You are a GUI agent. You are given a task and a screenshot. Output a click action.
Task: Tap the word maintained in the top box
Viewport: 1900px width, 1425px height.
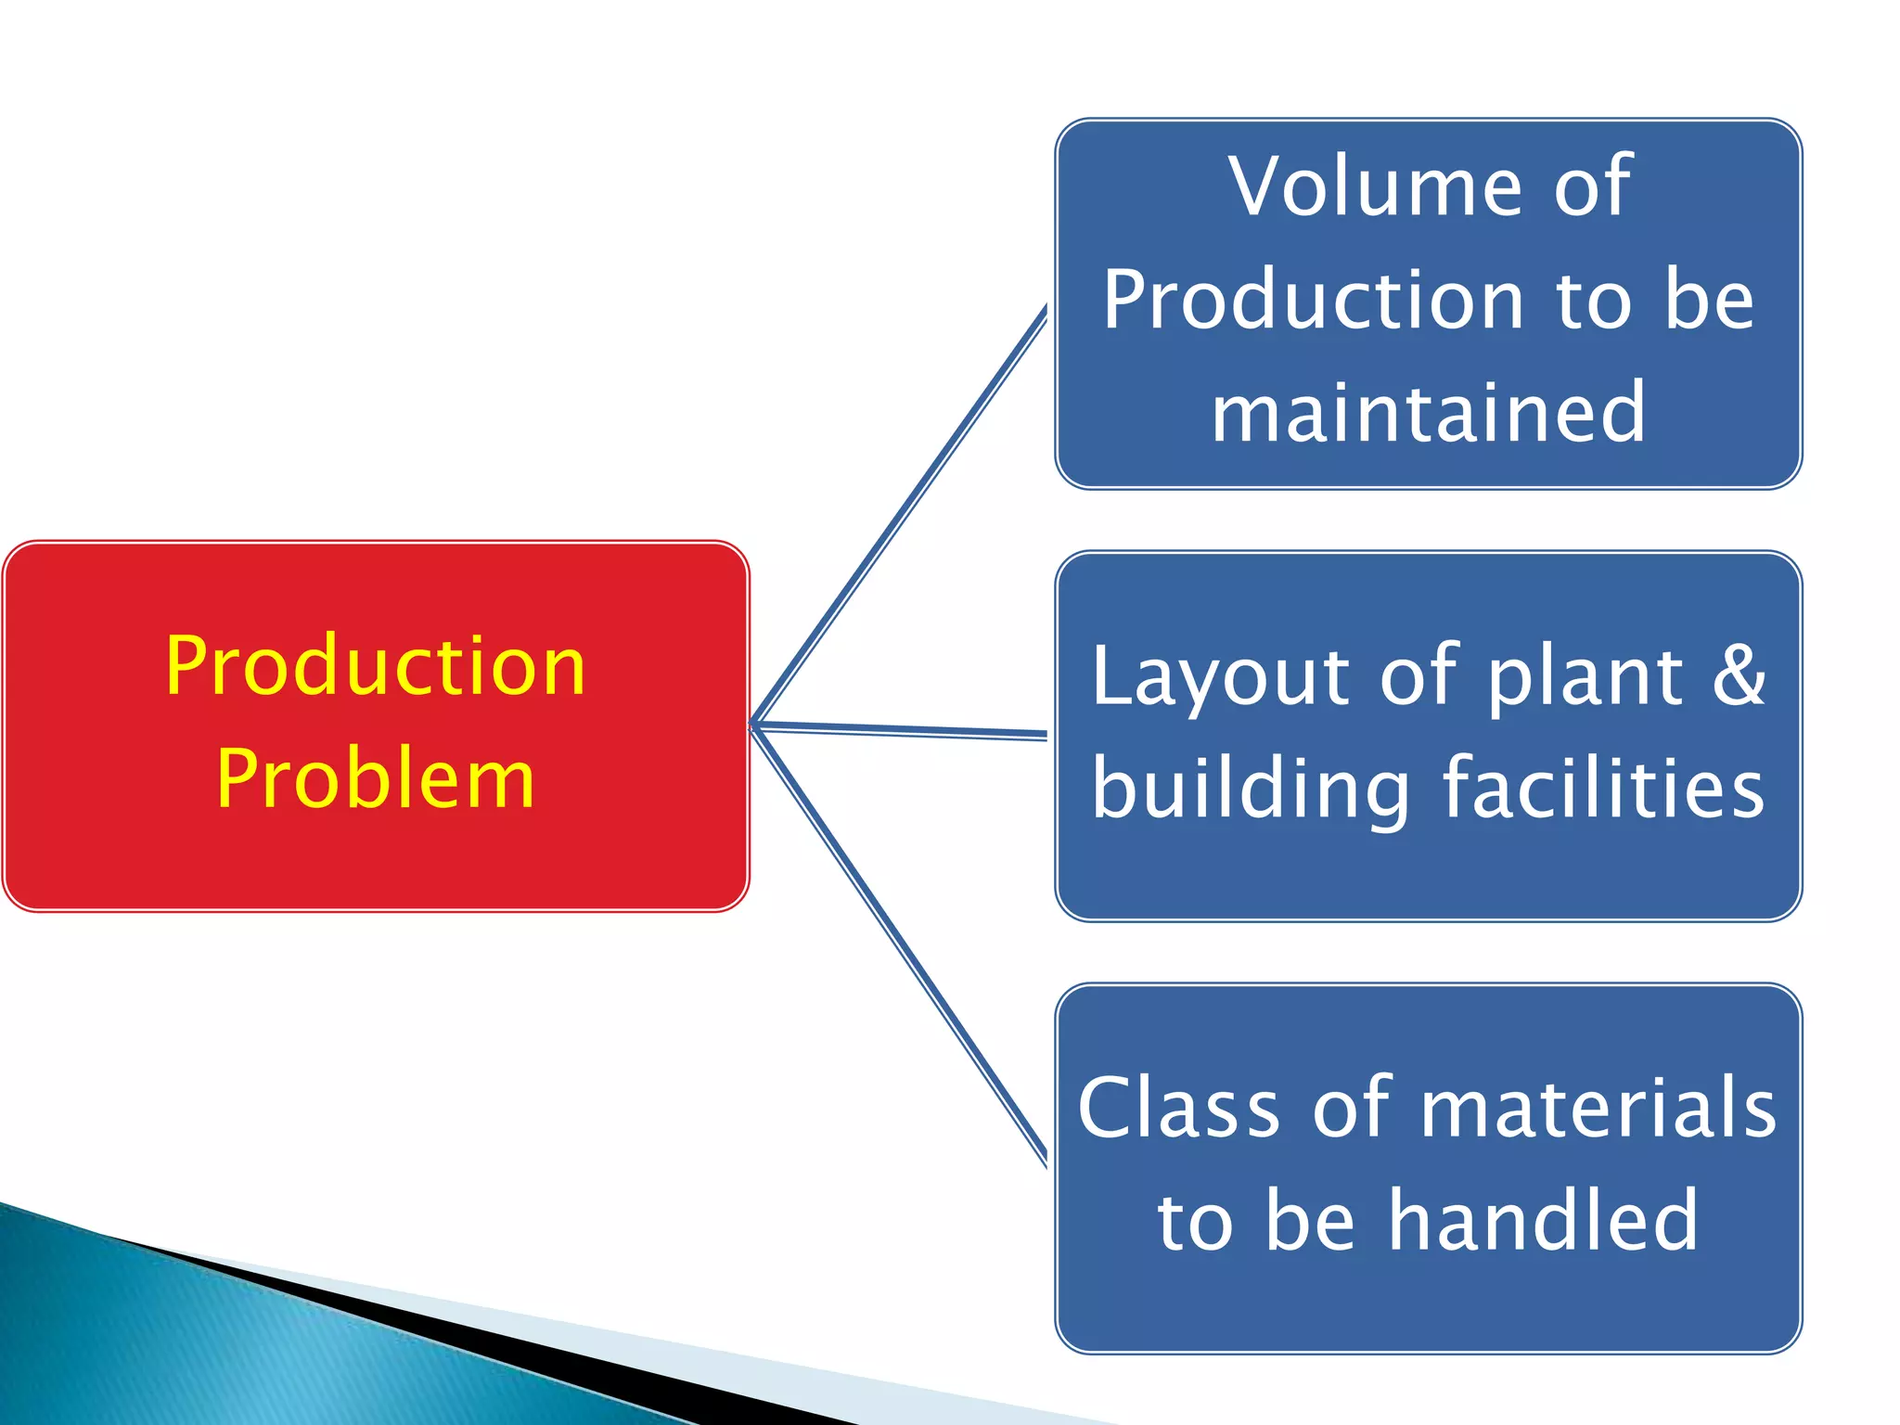1429,412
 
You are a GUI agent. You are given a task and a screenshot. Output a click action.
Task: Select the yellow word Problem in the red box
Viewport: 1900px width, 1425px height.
376,779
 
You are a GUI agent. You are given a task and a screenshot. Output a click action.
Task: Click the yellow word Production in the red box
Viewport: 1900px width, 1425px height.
376,665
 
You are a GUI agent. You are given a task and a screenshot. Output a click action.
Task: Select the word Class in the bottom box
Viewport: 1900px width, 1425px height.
1178,1108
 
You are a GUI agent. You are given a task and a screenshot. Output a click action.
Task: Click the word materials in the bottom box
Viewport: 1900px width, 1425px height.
1598,1108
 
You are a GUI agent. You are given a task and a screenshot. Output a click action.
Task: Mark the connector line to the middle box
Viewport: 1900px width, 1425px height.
900,730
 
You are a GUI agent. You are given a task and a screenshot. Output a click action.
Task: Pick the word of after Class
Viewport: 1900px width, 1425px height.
1350,1108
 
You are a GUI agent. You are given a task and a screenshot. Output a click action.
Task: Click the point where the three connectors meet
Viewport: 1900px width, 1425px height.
754,724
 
